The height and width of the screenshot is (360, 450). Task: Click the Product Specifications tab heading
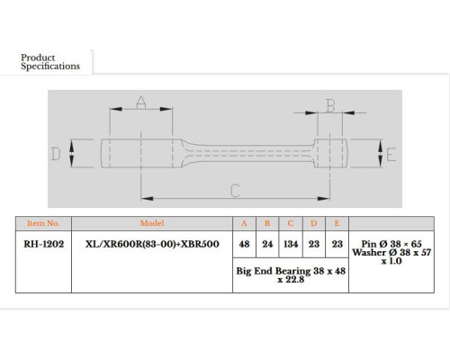pos(50,62)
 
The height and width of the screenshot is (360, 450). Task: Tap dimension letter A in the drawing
pos(141,102)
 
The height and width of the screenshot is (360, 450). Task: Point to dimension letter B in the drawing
pos(330,105)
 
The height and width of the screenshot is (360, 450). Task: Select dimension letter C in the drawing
pos(236,191)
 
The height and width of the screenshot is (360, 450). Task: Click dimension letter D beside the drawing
pos(56,154)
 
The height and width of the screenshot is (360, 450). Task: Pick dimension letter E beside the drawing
pos(391,155)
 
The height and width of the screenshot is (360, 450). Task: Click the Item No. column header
pos(43,223)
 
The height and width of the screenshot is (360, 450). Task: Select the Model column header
pos(152,223)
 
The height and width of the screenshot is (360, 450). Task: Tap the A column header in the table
pos(244,223)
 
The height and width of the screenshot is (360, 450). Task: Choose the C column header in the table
pos(291,223)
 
